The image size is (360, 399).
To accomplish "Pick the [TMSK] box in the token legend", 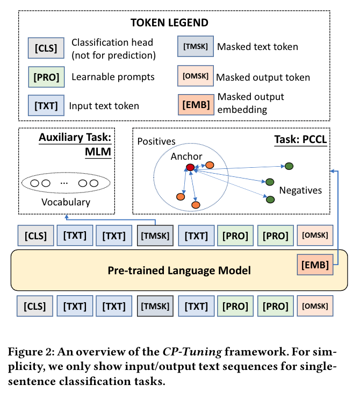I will coord(195,47).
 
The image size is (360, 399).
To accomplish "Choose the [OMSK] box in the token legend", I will coord(195,76).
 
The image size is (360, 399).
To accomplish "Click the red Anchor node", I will coord(190,168).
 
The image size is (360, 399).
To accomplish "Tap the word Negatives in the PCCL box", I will coord(300,190).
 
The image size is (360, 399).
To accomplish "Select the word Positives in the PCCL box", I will coord(156,141).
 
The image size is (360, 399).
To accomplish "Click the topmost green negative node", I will coord(289,166).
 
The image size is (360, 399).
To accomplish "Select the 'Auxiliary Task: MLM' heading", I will coord(75,144).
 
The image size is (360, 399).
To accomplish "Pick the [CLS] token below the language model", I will coord(35,307).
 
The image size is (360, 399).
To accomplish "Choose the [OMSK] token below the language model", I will coord(315,307).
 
